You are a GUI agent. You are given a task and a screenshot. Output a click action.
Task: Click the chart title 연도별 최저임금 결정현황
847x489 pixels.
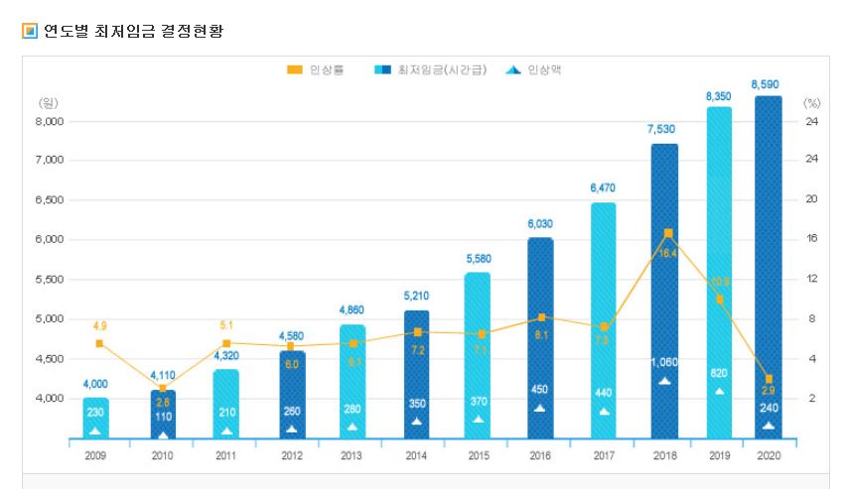[x=133, y=31]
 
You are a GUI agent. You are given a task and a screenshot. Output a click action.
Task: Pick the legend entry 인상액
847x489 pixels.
[x=535, y=70]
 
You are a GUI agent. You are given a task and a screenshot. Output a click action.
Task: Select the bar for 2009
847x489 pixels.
[x=96, y=417]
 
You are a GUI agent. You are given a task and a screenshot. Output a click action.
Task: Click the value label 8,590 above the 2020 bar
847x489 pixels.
[x=768, y=85]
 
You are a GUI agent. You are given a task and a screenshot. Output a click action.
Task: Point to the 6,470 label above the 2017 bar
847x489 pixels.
[x=603, y=187]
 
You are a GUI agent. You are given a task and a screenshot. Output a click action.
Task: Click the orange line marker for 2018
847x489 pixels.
[x=668, y=233]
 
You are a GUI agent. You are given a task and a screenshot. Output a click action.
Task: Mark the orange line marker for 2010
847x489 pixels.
[x=163, y=388]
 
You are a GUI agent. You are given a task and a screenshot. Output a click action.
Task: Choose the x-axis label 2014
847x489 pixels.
[x=415, y=455]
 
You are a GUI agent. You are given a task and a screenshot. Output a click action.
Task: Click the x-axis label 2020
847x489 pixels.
[x=768, y=455]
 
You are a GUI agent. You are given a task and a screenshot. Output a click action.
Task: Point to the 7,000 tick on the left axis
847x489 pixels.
[x=50, y=160]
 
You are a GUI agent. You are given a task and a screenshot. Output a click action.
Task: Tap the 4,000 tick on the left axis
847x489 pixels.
[x=50, y=398]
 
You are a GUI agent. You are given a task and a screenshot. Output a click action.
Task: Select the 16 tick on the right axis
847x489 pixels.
[x=811, y=239]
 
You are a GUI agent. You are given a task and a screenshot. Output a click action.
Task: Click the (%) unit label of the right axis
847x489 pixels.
[x=811, y=102]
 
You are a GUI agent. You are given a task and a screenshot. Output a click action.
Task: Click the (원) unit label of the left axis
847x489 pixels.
[x=48, y=102]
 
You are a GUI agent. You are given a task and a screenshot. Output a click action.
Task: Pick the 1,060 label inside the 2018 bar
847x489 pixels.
[x=664, y=362]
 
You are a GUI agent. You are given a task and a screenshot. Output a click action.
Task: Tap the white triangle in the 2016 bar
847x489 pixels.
[x=539, y=408]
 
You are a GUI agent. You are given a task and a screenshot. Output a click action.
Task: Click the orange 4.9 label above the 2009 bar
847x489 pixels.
[x=100, y=325]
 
